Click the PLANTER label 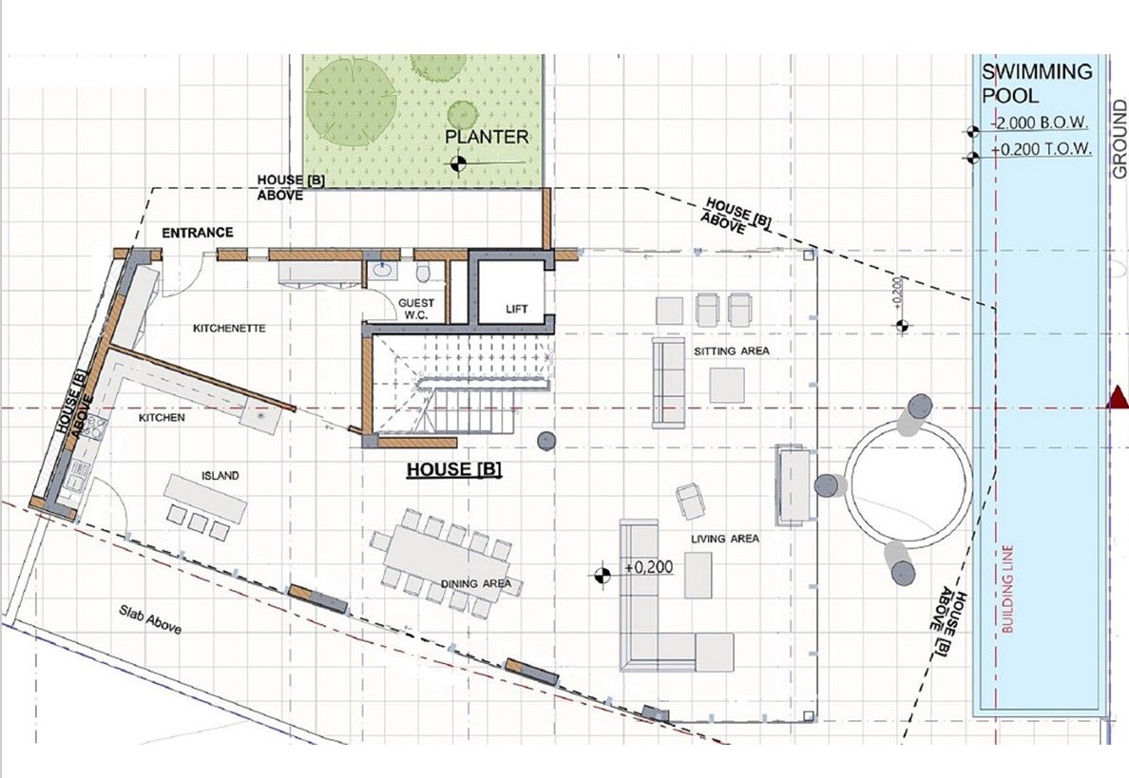coord(486,137)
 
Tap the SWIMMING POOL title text coord(1037,84)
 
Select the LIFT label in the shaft coord(516,309)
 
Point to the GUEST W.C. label coord(416,309)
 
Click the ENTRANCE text coord(198,233)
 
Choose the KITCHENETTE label coord(230,328)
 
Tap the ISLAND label coord(220,476)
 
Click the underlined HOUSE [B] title coord(454,469)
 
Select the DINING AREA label coord(476,583)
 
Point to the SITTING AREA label coord(732,351)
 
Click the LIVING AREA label coord(725,539)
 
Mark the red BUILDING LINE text coord(1007,590)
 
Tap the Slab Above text coord(150,619)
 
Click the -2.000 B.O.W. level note coord(1040,123)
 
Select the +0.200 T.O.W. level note coord(1042,149)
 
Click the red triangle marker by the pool coord(1117,397)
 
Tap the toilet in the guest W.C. coord(425,272)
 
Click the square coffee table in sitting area coord(726,385)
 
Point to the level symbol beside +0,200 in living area coord(602,575)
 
